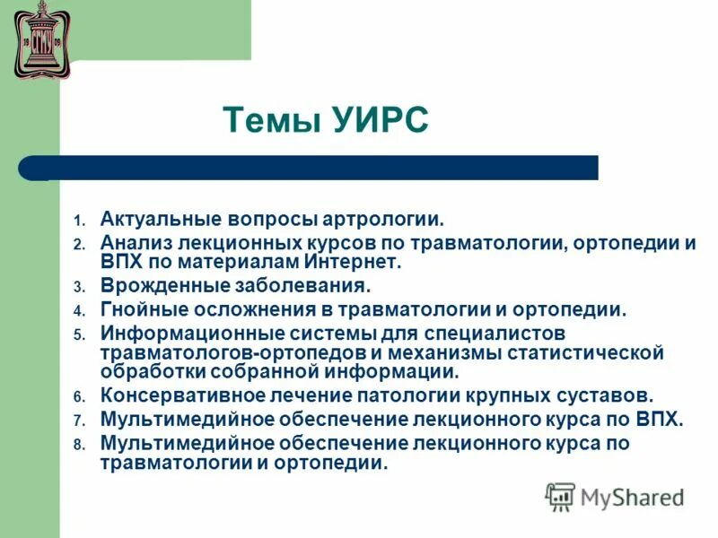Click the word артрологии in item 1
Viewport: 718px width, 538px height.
pos(387,219)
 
